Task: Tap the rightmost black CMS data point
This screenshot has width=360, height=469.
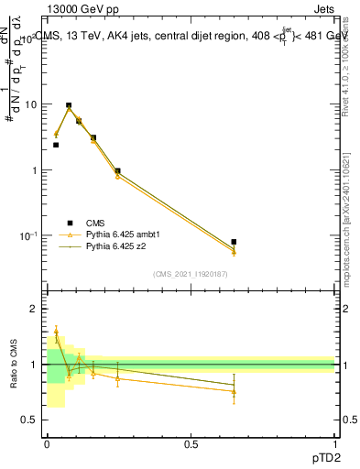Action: pos(234,242)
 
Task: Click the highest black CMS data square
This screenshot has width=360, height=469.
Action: pos(69,105)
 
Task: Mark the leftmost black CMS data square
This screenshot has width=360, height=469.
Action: pos(56,145)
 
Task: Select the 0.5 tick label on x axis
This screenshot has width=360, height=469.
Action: pos(191,443)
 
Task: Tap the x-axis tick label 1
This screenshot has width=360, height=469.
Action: pos(334,443)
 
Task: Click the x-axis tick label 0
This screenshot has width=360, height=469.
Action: pos(47,443)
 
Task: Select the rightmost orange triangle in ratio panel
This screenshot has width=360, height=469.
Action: pos(234,391)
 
